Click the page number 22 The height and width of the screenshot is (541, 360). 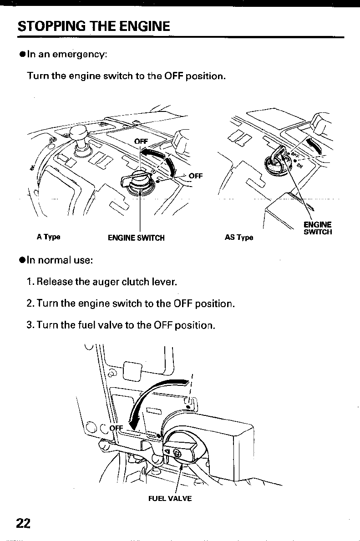(x=23, y=523)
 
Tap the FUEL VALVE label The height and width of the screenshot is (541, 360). (x=170, y=498)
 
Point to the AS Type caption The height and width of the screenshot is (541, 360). (x=239, y=238)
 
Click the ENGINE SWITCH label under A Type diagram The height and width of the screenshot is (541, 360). (x=136, y=238)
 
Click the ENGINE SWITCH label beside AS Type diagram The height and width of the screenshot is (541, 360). (x=318, y=228)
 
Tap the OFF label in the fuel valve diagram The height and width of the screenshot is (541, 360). (x=117, y=428)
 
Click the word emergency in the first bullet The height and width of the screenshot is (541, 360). (x=79, y=55)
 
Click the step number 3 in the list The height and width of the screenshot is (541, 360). (x=29, y=325)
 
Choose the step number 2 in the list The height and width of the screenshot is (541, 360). (x=29, y=303)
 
